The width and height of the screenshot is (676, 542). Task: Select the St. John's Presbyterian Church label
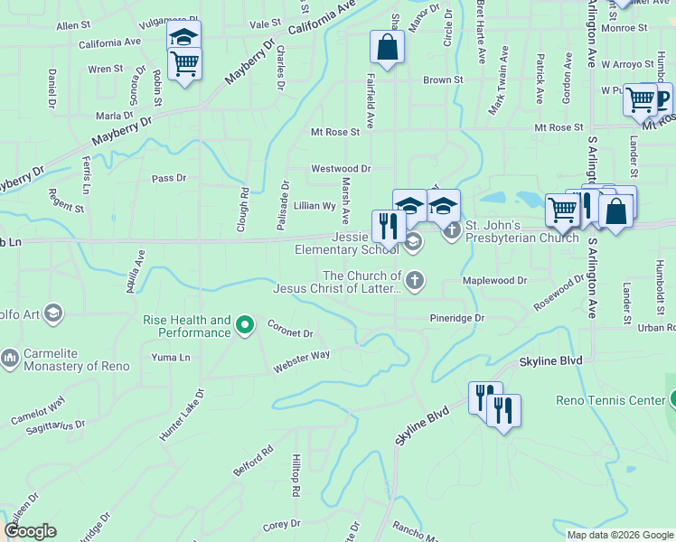521,232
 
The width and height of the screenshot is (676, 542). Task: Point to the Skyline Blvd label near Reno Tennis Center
551,361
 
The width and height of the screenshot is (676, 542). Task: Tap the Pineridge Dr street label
457,319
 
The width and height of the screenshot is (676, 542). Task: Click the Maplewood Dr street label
494,281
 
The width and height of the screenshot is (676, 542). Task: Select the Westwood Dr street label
341,169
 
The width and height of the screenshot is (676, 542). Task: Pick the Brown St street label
443,80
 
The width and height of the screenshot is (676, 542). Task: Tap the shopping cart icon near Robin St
184,64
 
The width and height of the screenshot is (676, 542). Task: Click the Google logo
30,532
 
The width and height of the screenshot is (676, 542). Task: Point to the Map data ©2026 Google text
621,535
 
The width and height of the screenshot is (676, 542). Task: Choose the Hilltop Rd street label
296,476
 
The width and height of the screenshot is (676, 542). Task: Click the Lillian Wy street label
315,206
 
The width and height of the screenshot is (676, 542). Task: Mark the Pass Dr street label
169,179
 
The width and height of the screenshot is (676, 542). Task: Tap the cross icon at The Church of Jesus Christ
415,279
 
